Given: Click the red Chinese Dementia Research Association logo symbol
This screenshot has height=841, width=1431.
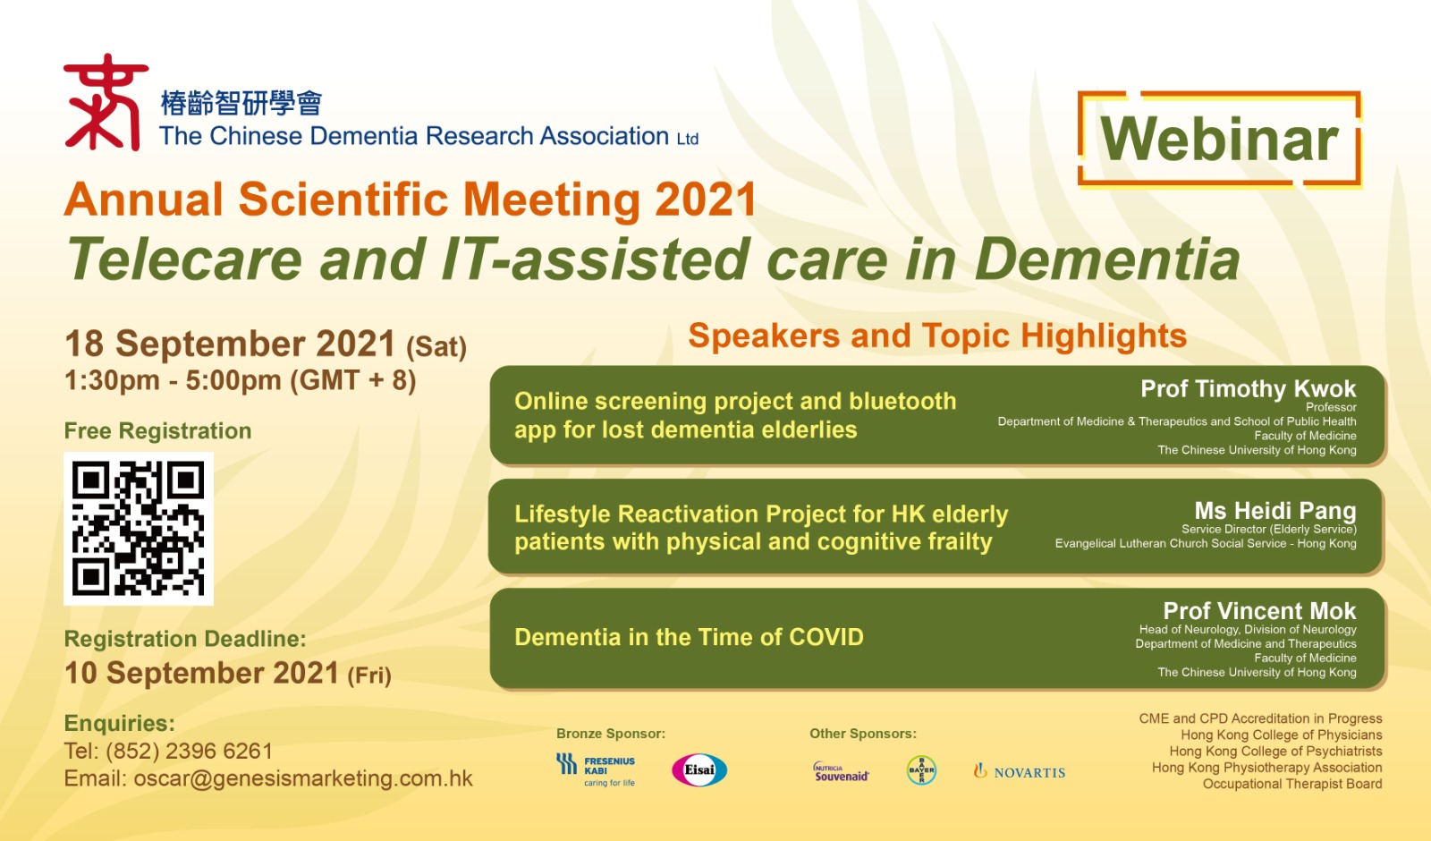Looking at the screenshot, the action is [x=106, y=102].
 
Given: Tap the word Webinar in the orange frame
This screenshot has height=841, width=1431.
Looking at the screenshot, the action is [x=1219, y=140].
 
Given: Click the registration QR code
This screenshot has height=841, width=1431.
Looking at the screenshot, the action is [x=139, y=529].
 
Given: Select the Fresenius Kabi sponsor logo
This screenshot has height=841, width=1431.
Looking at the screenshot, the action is [x=596, y=769].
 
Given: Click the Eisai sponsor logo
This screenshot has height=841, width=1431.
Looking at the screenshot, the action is [x=699, y=769].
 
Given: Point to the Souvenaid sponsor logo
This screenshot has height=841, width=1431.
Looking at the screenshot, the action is [x=842, y=772].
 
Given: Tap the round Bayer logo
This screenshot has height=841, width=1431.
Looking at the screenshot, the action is [x=921, y=770].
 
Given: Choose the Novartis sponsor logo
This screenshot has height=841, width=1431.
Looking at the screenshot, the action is [x=1020, y=772].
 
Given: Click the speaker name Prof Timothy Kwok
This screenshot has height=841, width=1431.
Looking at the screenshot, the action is [x=1248, y=388].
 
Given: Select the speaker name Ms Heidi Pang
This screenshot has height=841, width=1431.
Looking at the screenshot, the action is [x=1275, y=511].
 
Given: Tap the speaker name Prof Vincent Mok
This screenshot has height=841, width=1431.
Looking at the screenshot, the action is [x=1259, y=611].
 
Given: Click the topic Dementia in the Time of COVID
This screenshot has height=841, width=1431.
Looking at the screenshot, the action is [x=689, y=637].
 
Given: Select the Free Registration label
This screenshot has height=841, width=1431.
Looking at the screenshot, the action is [x=157, y=431].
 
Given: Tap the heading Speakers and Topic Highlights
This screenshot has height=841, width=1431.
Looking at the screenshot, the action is [x=937, y=336].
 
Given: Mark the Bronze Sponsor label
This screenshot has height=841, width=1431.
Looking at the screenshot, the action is [x=611, y=734].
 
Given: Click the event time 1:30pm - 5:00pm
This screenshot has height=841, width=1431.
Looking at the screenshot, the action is [x=173, y=381].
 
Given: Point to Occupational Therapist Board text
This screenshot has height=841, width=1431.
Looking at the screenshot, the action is [x=1292, y=784].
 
